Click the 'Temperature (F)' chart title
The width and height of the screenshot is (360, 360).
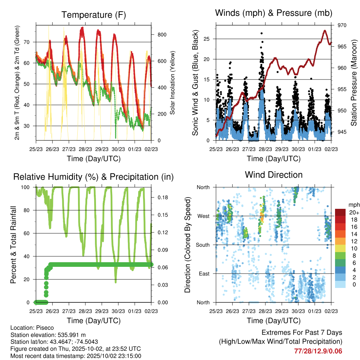point(94,15)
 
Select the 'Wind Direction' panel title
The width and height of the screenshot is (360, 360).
point(274,175)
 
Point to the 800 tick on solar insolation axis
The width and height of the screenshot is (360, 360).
point(162,34)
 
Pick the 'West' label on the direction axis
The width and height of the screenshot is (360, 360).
point(204,216)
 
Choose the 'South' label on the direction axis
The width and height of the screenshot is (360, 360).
point(202,245)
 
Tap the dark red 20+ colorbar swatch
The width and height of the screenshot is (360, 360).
point(340,212)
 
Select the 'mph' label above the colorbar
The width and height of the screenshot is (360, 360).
point(353,205)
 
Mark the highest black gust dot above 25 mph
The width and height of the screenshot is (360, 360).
point(262,33)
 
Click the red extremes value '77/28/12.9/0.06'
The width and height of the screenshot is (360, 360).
point(318,351)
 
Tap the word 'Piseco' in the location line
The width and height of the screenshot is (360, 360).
point(45,327)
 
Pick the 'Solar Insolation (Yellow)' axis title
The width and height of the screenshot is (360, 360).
point(173,83)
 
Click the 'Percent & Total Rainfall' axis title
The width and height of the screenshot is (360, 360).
point(13,245)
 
